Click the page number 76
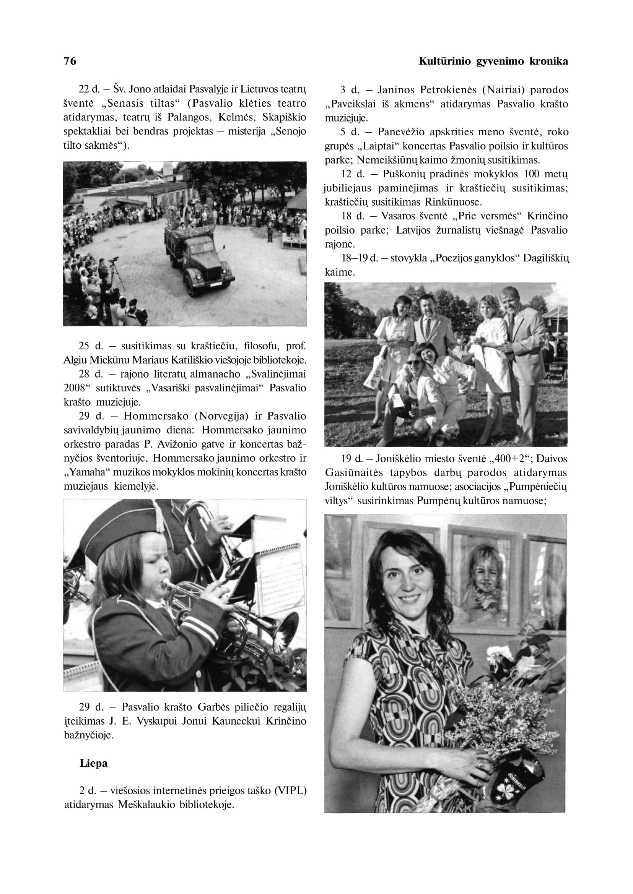click(70, 61)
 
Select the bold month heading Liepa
click(93, 763)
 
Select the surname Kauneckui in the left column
click(237, 721)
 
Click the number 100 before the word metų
click(532, 174)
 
